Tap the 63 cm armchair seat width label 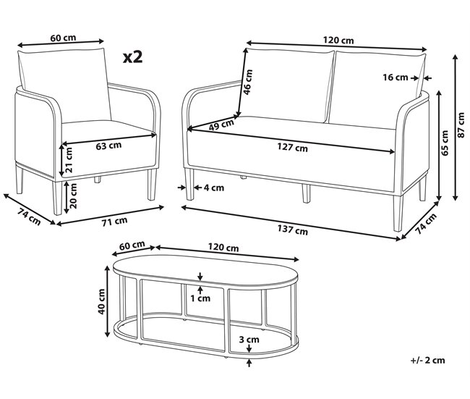tap(108, 146)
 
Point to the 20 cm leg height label tap(69, 194)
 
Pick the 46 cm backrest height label tap(248, 83)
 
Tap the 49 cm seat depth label tap(221, 125)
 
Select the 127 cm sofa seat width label tap(292, 148)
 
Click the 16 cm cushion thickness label tap(396, 77)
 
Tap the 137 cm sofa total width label tap(292, 231)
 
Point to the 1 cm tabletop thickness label tap(202, 298)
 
